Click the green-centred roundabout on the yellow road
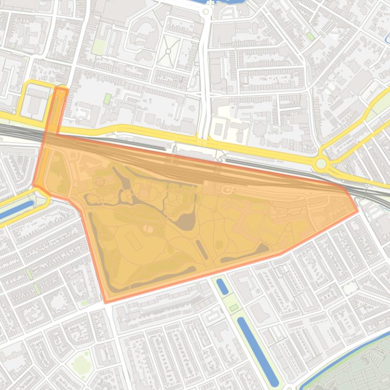321,164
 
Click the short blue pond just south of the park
222,286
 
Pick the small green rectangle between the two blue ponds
233,307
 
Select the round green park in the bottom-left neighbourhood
81,363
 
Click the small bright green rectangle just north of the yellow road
107,98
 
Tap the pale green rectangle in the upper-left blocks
98,47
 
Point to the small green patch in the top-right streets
309,36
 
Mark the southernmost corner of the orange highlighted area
106,303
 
